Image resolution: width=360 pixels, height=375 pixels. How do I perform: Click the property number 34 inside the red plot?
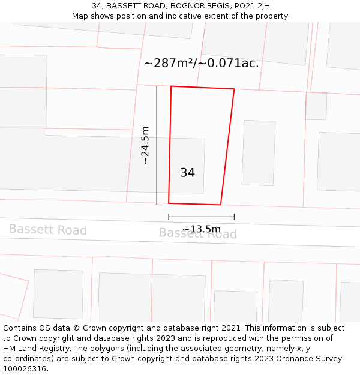[187, 173]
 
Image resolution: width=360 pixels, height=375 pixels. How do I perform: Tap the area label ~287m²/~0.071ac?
[202, 63]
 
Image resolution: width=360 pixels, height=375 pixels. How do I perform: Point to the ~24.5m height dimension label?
[145, 145]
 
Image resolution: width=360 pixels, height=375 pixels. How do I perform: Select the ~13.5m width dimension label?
[202, 229]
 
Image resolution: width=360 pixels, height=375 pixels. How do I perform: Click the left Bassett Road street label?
[48, 230]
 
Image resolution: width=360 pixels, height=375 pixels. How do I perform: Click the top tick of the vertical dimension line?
[157, 86]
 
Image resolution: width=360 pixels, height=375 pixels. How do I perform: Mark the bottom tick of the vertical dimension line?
[157, 205]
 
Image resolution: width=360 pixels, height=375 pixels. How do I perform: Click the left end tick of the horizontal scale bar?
[169, 217]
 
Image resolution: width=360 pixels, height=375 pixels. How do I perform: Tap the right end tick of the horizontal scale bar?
[234, 217]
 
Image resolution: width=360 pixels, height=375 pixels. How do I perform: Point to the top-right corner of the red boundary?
[234, 89]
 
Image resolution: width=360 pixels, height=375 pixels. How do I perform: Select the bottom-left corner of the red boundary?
[169, 203]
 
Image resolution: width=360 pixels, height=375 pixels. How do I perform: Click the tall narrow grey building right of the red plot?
[259, 153]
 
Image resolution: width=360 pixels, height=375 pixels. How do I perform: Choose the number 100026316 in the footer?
[25, 369]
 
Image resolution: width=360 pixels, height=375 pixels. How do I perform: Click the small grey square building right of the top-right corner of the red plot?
[316, 106]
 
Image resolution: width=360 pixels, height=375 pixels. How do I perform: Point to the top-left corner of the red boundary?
[171, 86]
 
